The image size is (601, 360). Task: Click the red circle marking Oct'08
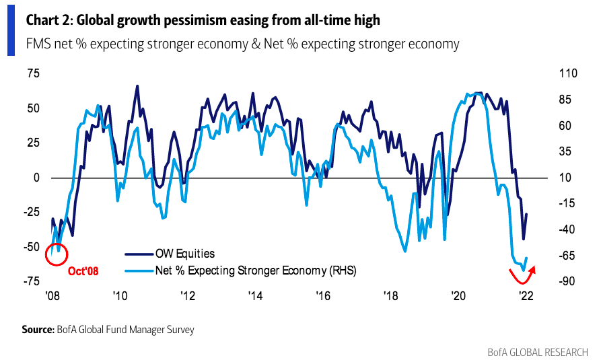[x=56, y=254]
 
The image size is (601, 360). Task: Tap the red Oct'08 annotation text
[x=83, y=272]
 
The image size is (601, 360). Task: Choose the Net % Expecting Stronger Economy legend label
[x=255, y=271]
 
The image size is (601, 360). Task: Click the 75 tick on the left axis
[x=33, y=73]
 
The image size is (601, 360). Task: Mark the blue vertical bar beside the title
[x=11, y=32]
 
